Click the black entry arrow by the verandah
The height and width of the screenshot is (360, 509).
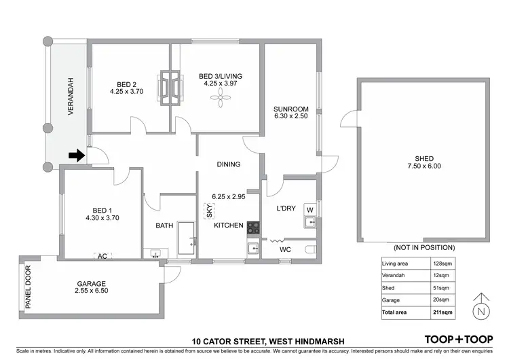(x=76, y=156)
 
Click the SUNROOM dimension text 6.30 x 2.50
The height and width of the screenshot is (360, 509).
(x=291, y=117)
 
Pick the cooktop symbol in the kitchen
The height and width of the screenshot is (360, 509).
(x=253, y=228)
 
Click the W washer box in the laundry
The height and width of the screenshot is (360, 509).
(x=309, y=209)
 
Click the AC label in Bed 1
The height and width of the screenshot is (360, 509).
(x=102, y=256)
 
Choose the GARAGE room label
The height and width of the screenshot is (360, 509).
(x=91, y=283)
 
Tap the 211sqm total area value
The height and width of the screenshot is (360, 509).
(x=442, y=312)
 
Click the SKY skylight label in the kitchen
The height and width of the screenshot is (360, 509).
(x=209, y=212)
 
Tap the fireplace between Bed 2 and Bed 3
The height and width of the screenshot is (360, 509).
(x=170, y=86)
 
